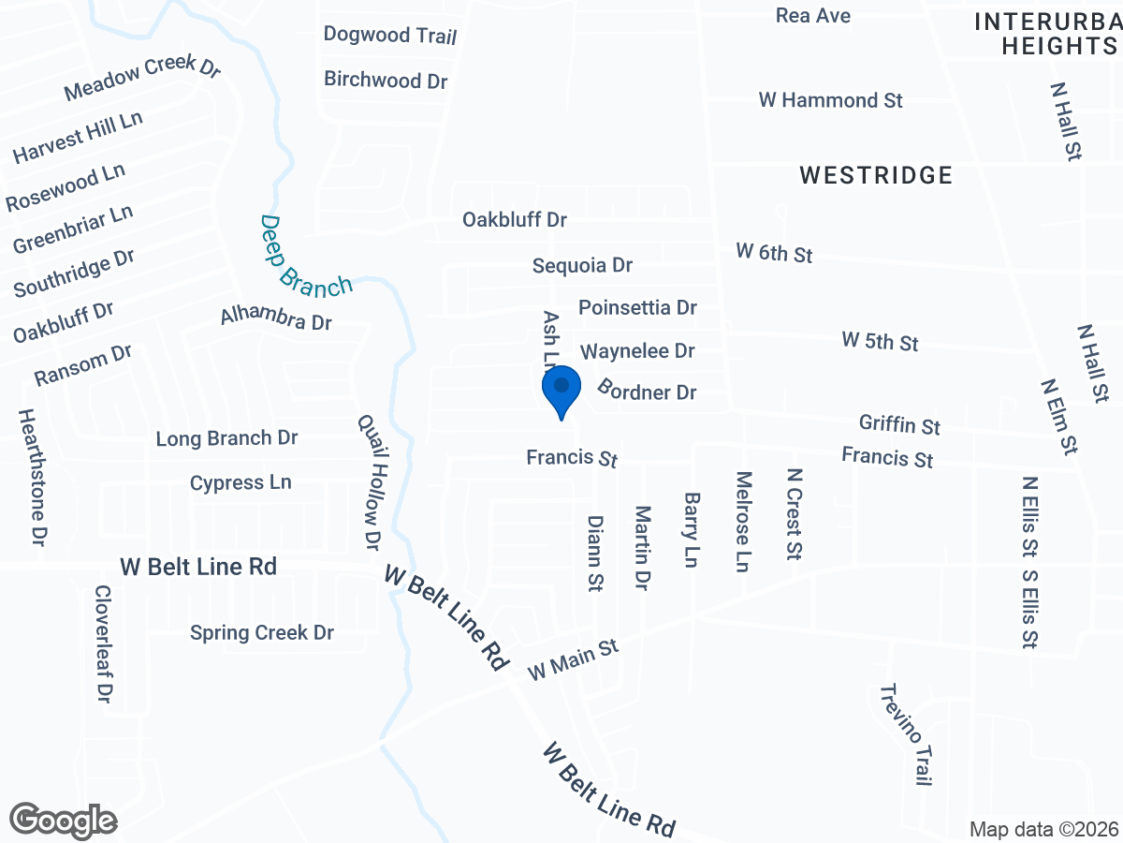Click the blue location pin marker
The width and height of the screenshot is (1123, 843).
coord(561,392)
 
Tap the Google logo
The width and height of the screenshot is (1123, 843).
coord(64,821)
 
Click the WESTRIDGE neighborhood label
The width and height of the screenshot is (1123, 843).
coord(877,175)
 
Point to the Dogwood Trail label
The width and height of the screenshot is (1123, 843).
coord(390,36)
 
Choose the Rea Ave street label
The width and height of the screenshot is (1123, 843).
coord(813,16)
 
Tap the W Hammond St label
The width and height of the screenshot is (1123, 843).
coord(830,100)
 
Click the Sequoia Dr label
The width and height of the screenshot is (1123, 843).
coord(582,266)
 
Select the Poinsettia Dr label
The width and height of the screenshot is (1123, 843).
coord(637,307)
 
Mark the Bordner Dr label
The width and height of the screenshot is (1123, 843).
coord(648,391)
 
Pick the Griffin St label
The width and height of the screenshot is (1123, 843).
coord(899,425)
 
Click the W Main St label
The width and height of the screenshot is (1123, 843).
coord(574,660)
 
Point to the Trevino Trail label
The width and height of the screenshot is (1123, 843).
coord(906,734)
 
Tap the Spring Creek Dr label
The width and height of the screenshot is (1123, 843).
coord(262,633)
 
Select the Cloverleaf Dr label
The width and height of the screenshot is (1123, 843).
coord(103,644)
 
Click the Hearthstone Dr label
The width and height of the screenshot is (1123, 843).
coord(33,478)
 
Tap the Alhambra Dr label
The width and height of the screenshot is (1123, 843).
coord(277,318)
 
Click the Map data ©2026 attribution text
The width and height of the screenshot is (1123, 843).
coord(1043,829)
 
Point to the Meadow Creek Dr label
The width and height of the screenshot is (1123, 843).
coord(142,78)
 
